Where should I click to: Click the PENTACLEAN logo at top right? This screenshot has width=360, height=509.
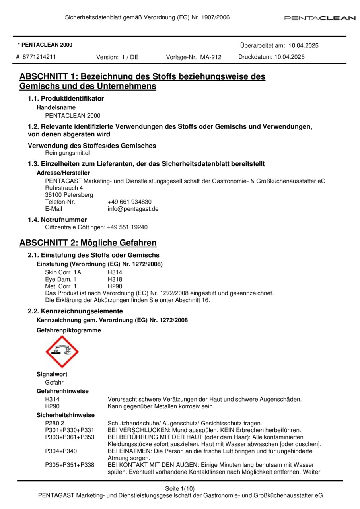pyautogui.click(x=319, y=18)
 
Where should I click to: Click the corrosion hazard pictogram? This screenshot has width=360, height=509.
pyautogui.click(x=62, y=352)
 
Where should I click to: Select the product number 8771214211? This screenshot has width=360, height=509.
pyautogui.click(x=39, y=57)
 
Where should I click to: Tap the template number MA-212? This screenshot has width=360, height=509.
pyautogui.click(x=211, y=57)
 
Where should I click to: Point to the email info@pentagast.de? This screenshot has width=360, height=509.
pyautogui.click(x=133, y=209)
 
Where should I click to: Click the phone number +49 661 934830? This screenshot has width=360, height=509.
pyautogui.click(x=129, y=202)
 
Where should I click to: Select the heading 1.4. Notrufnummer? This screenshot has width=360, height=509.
pyautogui.click(x=57, y=220)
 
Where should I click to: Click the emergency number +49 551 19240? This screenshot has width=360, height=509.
pyautogui.click(x=127, y=227)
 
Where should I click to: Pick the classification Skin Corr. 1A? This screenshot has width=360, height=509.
pyautogui.click(x=63, y=272)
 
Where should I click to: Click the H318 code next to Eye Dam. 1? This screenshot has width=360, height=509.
pyautogui.click(x=115, y=279)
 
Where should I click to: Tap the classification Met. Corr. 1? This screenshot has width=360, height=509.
pyautogui.click(x=61, y=286)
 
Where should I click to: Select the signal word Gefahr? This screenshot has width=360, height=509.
pyautogui.click(x=54, y=382)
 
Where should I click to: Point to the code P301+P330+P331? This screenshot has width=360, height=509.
pyautogui.click(x=70, y=430)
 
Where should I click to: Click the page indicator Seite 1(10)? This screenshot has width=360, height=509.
pyautogui.click(x=180, y=488)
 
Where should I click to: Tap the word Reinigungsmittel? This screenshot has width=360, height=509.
pyautogui.click(x=67, y=153)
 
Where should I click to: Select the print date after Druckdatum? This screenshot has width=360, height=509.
pyautogui.click(x=289, y=57)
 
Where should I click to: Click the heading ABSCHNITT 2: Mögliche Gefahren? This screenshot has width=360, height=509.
pyautogui.click(x=88, y=243)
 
